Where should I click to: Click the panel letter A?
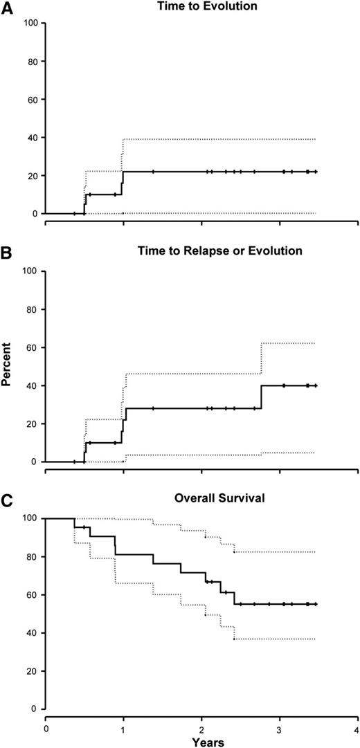tap(7, 6)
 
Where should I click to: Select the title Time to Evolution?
tap(179, 6)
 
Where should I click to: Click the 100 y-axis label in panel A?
tap(29, 23)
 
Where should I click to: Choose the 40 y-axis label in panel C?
tap(31, 633)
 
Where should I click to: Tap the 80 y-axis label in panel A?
tap(31, 61)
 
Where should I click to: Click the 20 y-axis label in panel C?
tap(31, 671)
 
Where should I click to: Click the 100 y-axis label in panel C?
tap(29, 518)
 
